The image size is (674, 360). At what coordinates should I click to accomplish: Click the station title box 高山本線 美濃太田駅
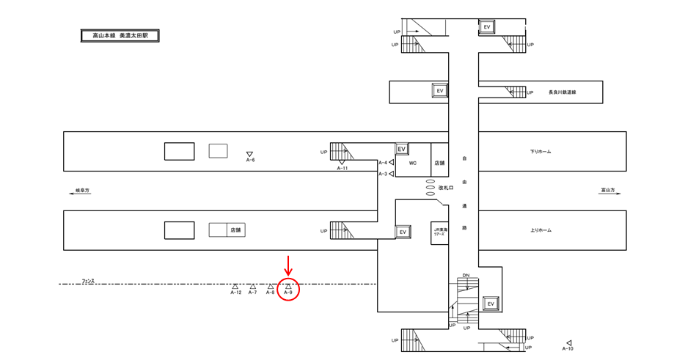[x=120, y=35]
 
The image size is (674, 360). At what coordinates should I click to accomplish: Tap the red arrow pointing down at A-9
[x=288, y=266]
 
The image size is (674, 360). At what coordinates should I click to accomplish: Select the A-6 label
[x=250, y=160]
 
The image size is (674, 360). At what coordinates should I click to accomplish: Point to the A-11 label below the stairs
[x=342, y=169]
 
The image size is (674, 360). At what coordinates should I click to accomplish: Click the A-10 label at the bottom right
[x=567, y=348]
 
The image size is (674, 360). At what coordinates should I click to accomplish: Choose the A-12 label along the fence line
[x=235, y=293]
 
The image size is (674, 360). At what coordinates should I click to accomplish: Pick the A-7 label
[x=252, y=293]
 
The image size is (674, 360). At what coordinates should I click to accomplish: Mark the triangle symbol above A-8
[x=270, y=286]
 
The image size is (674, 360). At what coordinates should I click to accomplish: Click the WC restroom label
[x=412, y=163]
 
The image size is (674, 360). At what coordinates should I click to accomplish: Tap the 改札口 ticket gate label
[x=447, y=188]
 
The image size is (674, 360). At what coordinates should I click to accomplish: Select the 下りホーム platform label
[x=540, y=152]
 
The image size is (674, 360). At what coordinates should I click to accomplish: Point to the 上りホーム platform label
[x=540, y=230]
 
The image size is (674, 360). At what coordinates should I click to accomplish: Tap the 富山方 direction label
[x=607, y=191]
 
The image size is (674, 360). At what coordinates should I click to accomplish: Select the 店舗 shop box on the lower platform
[x=235, y=230]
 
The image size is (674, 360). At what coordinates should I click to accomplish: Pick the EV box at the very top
[x=487, y=27]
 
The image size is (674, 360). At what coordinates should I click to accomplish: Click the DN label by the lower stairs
[x=465, y=276]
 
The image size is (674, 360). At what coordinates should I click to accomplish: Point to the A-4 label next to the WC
[x=383, y=163]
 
